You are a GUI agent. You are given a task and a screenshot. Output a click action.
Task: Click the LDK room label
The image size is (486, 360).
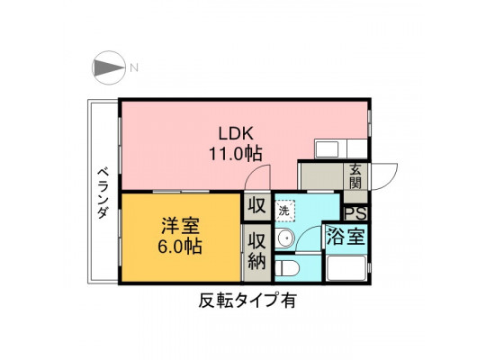[x=236, y=134]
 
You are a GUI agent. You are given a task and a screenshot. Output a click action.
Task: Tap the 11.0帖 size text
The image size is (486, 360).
[x=236, y=154]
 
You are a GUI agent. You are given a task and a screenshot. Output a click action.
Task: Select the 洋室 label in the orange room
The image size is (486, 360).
[x=180, y=226]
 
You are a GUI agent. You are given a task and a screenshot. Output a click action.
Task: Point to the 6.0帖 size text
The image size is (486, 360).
[x=180, y=247]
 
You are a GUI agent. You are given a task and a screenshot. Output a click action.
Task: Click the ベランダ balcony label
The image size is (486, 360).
[x=103, y=193]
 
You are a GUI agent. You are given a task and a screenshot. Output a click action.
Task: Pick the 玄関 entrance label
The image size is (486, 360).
[x=355, y=176]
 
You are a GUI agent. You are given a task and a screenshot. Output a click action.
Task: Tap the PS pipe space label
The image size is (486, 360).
[x=355, y=213]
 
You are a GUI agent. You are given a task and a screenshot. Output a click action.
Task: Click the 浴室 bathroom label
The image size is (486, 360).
[x=346, y=237]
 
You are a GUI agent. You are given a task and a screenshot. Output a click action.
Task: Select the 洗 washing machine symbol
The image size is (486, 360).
[x=284, y=211]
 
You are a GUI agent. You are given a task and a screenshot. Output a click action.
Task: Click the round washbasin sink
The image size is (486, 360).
[x=285, y=238]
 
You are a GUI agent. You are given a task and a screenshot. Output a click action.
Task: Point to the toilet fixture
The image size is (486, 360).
[x=287, y=268]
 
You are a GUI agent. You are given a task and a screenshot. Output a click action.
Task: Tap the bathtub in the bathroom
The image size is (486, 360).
[x=346, y=268]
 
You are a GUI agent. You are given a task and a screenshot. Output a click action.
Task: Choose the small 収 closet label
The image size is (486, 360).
[x=256, y=206]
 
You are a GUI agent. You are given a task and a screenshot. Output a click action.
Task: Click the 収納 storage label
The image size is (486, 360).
[x=256, y=250]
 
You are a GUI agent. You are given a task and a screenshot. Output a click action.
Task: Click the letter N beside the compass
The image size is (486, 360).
[x=134, y=67]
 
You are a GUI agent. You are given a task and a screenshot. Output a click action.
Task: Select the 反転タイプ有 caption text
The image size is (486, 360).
[x=247, y=301]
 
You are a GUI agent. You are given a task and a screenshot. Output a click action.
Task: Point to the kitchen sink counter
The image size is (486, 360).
[x=341, y=148]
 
